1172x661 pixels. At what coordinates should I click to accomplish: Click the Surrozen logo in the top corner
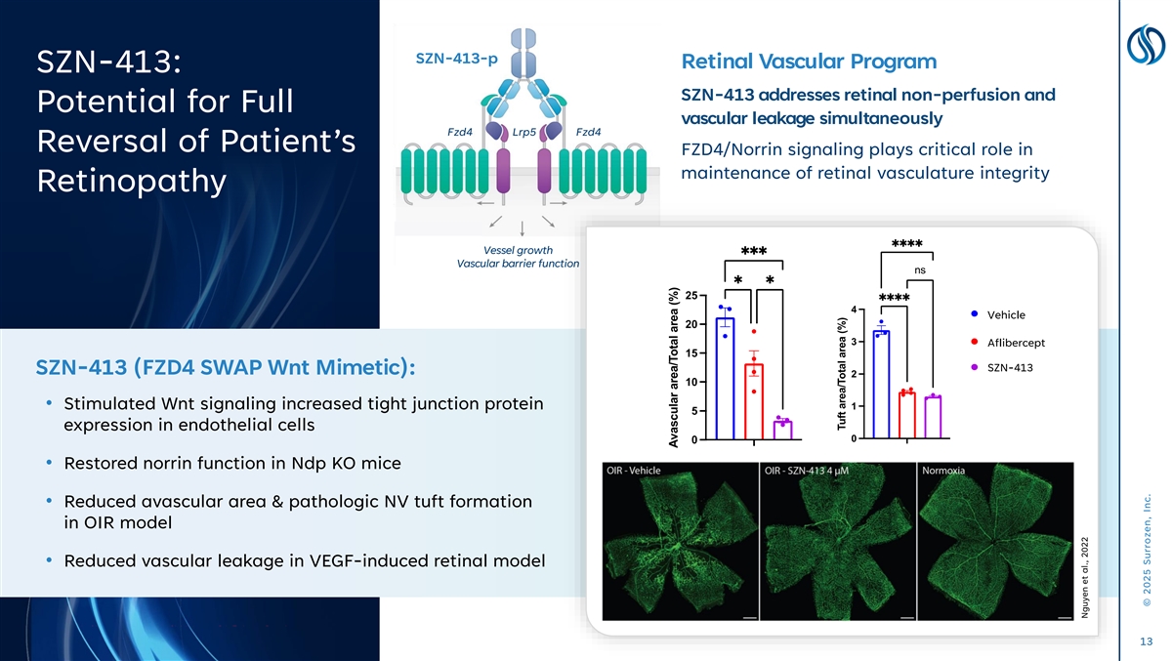[x=1146, y=45]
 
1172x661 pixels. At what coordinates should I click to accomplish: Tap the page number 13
[x=1146, y=641]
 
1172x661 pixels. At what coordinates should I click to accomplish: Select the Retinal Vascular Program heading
[x=809, y=62]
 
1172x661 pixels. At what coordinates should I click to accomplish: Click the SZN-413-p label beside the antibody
[x=456, y=59]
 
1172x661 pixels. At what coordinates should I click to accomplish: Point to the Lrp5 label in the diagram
[x=523, y=132]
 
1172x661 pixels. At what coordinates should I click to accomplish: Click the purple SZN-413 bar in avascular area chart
[x=782, y=430]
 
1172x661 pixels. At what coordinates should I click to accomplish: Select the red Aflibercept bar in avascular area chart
[x=754, y=401]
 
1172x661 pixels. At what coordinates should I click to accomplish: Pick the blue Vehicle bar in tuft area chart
[x=881, y=385]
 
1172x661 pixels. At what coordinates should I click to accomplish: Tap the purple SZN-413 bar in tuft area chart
[x=933, y=417]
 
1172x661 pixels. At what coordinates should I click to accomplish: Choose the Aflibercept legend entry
[x=1008, y=343]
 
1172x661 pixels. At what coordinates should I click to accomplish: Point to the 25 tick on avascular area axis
[x=691, y=296]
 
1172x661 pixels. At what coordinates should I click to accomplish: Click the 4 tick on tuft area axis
[x=854, y=310]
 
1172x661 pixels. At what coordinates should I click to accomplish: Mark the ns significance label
[x=920, y=270]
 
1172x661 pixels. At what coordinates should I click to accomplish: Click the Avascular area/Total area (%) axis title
[x=674, y=367]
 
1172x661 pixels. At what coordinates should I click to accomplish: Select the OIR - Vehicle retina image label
[x=634, y=471]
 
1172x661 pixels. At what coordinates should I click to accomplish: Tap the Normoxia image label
[x=943, y=471]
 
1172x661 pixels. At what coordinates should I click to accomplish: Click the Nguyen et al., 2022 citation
[x=1085, y=577]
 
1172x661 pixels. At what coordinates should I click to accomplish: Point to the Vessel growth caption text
[x=518, y=250]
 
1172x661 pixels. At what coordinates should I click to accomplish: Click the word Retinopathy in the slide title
[x=131, y=182]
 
